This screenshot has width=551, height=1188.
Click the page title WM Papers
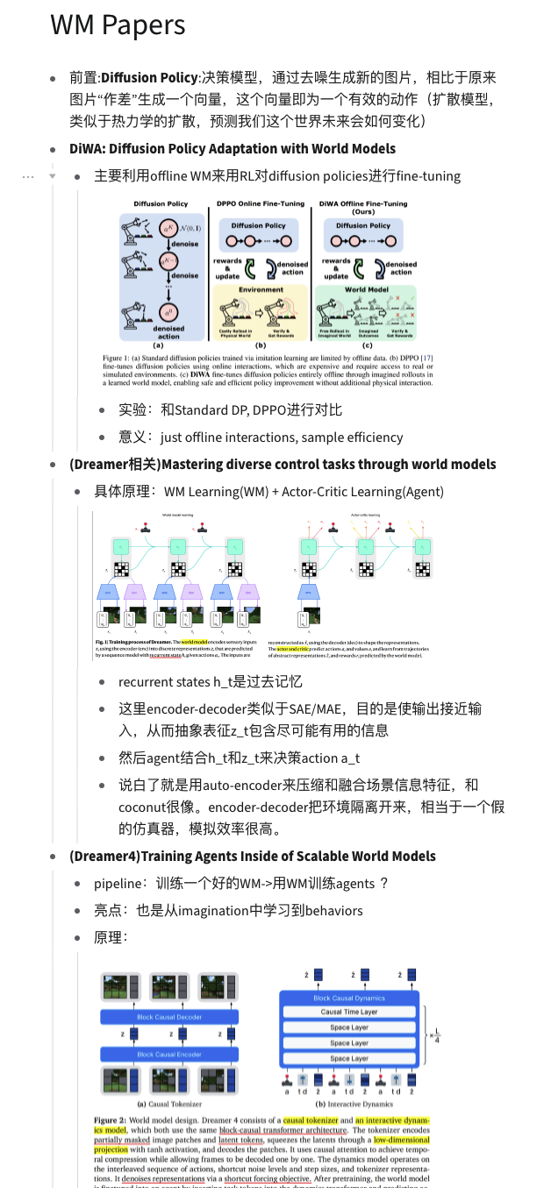click(x=118, y=25)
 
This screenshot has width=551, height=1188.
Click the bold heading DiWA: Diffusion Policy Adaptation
click(x=233, y=148)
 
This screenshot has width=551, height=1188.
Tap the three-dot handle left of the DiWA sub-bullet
click(x=28, y=176)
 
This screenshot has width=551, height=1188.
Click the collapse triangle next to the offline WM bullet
click(x=52, y=176)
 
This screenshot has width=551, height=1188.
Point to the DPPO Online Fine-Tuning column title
click(x=261, y=203)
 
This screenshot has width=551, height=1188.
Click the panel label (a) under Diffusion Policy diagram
click(x=160, y=345)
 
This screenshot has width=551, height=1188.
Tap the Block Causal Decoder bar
click(x=169, y=1017)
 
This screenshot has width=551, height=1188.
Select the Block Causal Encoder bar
click(x=169, y=1054)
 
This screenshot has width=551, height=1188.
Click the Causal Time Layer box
click(x=349, y=1012)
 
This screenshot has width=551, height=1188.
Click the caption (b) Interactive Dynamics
click(x=348, y=1104)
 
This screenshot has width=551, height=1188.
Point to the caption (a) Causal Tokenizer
click(x=169, y=1104)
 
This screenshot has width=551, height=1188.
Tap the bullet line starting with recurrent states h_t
click(x=211, y=681)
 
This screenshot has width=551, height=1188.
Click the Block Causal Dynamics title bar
click(x=349, y=998)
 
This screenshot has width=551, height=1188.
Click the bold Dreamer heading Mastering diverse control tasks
click(x=283, y=464)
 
